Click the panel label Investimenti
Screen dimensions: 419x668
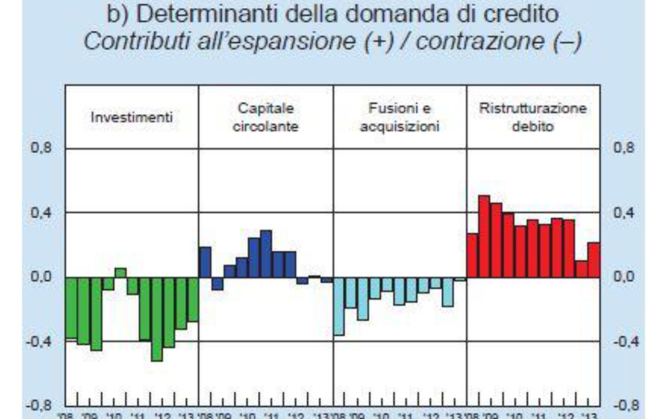click(132, 117)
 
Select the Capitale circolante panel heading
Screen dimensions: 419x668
click(267, 117)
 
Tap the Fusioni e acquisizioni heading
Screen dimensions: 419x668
click(400, 117)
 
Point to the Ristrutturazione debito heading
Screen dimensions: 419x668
click(533, 117)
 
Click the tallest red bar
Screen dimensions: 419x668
click(484, 237)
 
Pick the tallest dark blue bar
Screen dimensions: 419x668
click(266, 253)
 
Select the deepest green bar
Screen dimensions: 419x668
click(157, 319)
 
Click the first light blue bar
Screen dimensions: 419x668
click(339, 306)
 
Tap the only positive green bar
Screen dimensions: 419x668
click(120, 273)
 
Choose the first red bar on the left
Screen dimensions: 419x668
click(472, 255)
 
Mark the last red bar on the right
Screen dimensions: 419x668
click(594, 260)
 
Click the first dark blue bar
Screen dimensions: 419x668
click(205, 262)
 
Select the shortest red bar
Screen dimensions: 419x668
click(581, 269)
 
